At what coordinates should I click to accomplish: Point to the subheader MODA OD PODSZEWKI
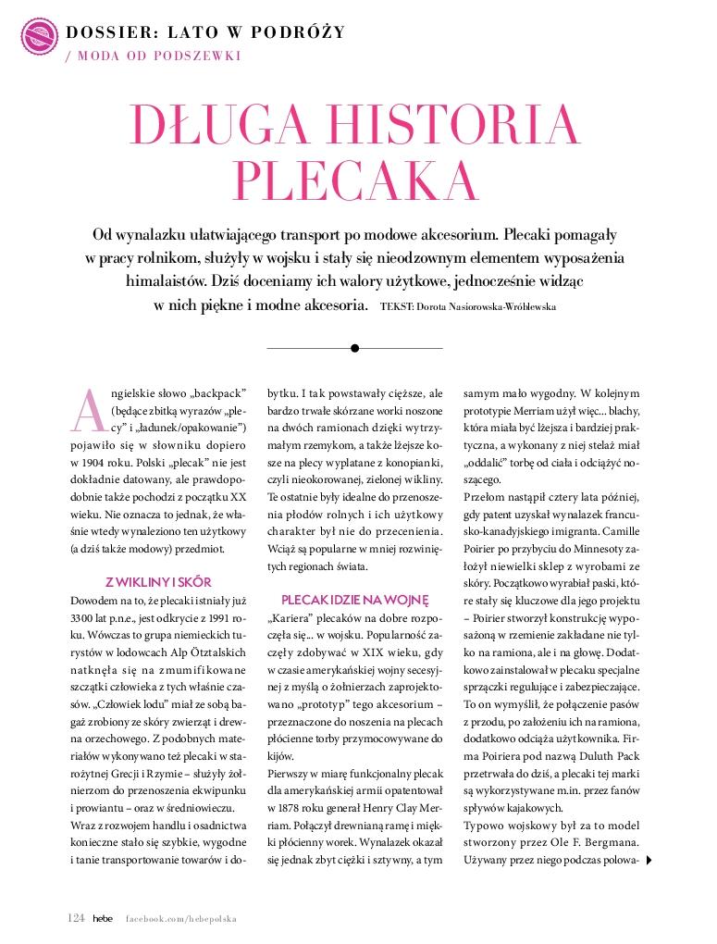[157, 56]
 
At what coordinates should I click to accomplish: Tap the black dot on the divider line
[354, 348]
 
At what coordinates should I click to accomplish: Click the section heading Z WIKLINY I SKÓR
[158, 582]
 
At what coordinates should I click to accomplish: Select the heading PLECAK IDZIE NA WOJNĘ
[354, 600]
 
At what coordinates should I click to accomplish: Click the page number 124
[77, 918]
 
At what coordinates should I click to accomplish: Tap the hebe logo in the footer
[103, 918]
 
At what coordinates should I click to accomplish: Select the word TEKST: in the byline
[397, 305]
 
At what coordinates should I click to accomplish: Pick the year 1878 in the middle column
[289, 789]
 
